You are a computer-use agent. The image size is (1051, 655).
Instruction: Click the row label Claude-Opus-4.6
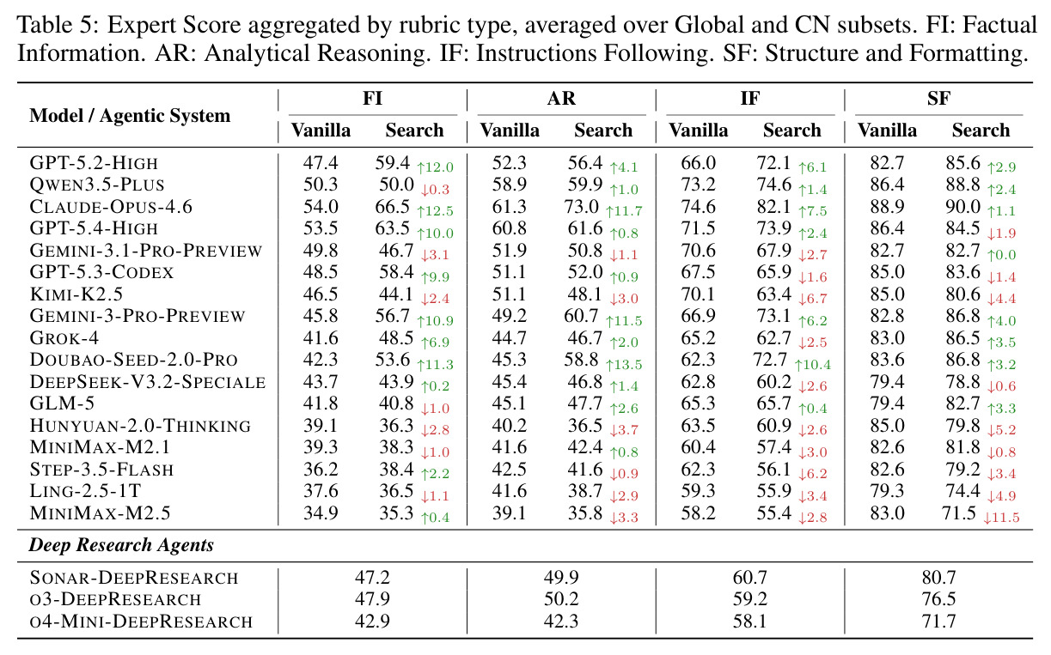tap(111, 207)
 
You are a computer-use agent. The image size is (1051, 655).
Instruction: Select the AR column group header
tap(561, 99)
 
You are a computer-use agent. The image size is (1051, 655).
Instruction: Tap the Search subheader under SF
tap(981, 130)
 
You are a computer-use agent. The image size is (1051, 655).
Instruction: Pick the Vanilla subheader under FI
tap(321, 130)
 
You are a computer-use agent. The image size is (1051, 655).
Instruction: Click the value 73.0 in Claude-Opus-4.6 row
tap(581, 207)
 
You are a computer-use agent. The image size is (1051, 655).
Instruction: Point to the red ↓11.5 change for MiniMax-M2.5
tap(1001, 518)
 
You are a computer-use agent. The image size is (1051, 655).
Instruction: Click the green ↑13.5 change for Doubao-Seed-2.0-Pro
tap(624, 364)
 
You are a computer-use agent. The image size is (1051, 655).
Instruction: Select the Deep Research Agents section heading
tap(121, 545)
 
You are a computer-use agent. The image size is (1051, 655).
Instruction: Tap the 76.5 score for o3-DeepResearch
tap(938, 598)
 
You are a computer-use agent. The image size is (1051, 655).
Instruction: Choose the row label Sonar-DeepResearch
tap(134, 577)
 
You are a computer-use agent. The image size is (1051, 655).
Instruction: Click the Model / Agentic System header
tap(130, 115)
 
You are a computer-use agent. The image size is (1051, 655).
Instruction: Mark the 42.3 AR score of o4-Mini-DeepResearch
tap(561, 621)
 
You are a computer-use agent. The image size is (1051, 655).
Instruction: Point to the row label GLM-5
tap(62, 403)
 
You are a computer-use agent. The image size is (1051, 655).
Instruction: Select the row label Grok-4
tap(64, 338)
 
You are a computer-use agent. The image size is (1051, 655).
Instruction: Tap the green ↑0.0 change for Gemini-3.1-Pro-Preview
tap(1001, 255)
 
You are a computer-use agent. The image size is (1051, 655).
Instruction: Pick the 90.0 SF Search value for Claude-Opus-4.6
tap(962, 207)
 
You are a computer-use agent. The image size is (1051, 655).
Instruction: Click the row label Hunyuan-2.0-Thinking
tap(140, 425)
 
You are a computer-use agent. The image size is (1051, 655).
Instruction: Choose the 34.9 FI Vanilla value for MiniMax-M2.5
tap(321, 513)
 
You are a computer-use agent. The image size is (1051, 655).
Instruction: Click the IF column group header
tap(749, 99)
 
